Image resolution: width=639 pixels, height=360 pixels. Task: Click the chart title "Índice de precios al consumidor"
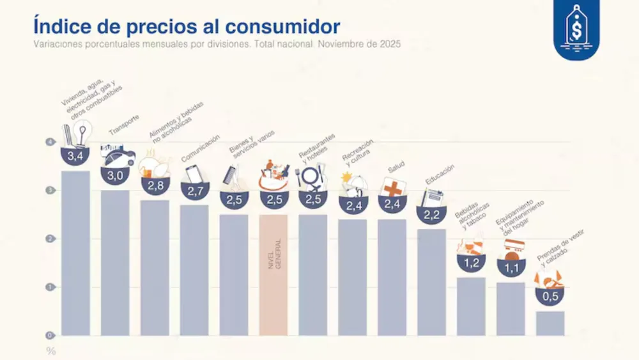tap(186, 27)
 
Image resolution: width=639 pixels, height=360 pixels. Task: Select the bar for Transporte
tap(115, 262)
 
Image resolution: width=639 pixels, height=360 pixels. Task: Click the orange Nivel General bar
tap(273, 275)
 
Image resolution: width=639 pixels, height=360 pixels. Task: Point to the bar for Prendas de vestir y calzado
tap(550, 323)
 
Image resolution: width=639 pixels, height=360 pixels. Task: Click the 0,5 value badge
tap(550, 297)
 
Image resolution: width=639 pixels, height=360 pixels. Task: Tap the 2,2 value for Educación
tap(431, 214)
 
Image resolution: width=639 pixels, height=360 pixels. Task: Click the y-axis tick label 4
tap(49, 142)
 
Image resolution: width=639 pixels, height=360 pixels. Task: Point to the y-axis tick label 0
tap(49, 335)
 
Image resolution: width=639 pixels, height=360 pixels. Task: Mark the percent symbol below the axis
tap(50, 351)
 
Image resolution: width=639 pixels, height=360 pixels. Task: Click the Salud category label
tap(396, 168)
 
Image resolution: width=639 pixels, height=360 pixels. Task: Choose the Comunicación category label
tap(201, 148)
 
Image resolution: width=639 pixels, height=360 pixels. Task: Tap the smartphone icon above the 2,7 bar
tap(193, 174)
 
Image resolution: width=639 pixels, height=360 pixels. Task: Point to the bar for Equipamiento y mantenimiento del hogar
tap(510, 309)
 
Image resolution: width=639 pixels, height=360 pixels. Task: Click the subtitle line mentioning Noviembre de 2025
tap(217, 44)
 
